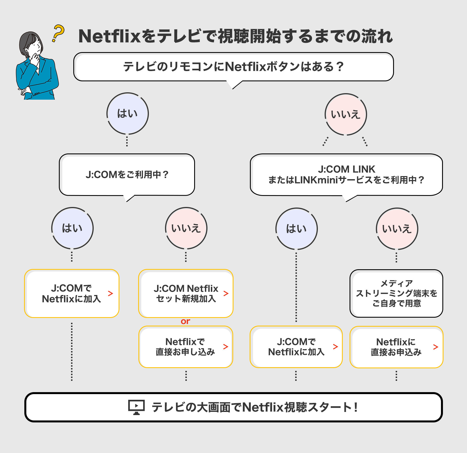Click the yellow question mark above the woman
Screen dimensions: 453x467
tap(58, 33)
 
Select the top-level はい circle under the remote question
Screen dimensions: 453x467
tap(127, 114)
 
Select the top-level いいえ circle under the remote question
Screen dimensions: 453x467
tap(346, 114)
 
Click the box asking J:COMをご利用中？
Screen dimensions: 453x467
tap(127, 175)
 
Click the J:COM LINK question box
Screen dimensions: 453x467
tap(346, 175)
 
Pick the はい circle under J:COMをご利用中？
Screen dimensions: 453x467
tap(72, 228)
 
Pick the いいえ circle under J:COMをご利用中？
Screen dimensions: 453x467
tap(186, 228)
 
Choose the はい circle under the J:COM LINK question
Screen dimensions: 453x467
tap(296, 229)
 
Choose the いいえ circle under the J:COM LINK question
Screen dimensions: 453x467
tap(397, 229)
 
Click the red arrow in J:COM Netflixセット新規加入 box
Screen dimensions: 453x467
tap(226, 293)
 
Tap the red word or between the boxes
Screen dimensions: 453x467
tap(185, 321)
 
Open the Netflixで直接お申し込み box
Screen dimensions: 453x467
tap(185, 347)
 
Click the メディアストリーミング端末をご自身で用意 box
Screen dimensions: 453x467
tap(396, 293)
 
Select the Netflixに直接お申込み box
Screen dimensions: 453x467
tap(396, 347)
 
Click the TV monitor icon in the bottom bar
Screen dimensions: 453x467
tap(136, 407)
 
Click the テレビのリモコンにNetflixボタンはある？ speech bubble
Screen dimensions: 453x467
tap(233, 67)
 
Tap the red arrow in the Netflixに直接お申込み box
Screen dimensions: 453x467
tap(436, 347)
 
